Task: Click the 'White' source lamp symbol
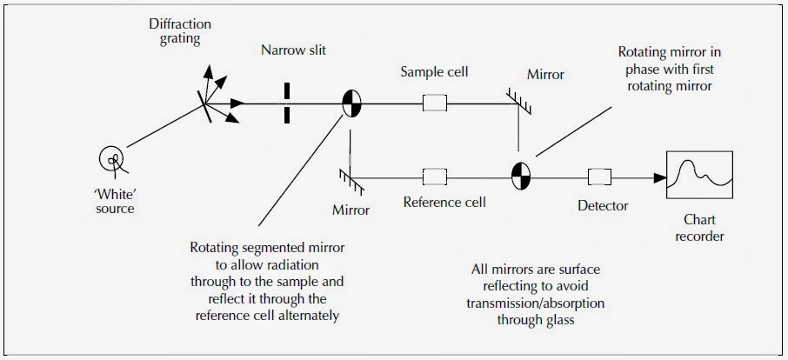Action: (113, 158)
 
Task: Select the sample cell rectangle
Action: (434, 104)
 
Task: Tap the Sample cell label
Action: (434, 72)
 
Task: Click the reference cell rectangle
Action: (434, 178)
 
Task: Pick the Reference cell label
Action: (444, 203)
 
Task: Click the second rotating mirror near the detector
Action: (520, 177)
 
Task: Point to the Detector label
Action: (603, 206)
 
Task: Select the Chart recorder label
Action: (700, 228)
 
